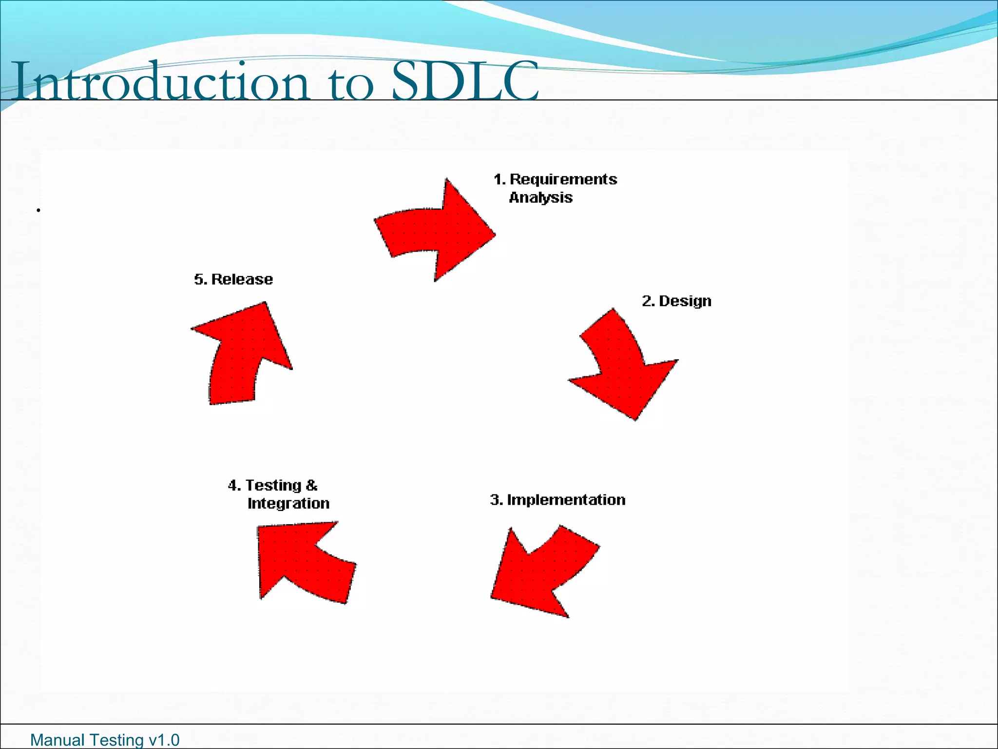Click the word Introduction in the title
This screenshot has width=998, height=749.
pyautogui.click(x=161, y=82)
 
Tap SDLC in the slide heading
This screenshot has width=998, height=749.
pyautogui.click(x=465, y=81)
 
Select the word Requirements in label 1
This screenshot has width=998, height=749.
pyautogui.click(x=563, y=179)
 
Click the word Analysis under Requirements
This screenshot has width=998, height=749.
pyautogui.click(x=540, y=197)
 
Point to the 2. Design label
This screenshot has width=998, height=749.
pyautogui.click(x=676, y=301)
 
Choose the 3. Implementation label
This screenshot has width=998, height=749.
pyautogui.click(x=557, y=500)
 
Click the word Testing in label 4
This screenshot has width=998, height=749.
pyautogui.click(x=273, y=486)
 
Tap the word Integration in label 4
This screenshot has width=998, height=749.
pyautogui.click(x=288, y=503)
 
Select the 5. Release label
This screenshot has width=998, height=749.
pyautogui.click(x=233, y=279)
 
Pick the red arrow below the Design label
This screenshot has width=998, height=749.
pyautogui.click(x=624, y=371)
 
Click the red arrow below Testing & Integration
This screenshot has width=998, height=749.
pyautogui.click(x=302, y=561)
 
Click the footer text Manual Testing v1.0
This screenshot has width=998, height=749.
pyautogui.click(x=105, y=740)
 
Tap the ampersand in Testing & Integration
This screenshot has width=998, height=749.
pyautogui.click(x=311, y=486)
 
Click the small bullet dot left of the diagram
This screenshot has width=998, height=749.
pyautogui.click(x=38, y=211)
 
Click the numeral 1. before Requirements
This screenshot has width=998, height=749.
pyautogui.click(x=499, y=179)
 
